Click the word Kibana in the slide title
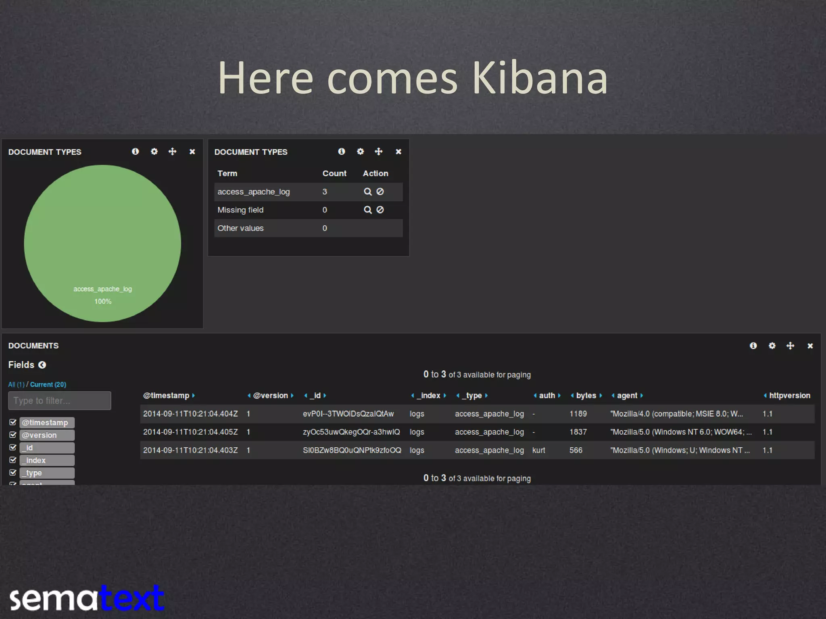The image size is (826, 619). pos(539,78)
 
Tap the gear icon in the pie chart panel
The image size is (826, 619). pos(154,152)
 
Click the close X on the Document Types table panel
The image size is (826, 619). pos(398,152)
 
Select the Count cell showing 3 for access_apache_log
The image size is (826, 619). pos(325,192)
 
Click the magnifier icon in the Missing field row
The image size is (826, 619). pos(367,210)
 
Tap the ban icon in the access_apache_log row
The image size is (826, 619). pos(380,192)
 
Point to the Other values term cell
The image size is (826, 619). pos(240,228)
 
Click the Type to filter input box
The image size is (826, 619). pos(60,401)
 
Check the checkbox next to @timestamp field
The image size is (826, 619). pos(13,422)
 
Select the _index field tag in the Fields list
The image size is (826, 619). pos(47,460)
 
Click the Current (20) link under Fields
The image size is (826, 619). pos(48,384)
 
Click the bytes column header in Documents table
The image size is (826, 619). pos(586,396)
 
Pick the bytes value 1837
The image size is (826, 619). pos(578,432)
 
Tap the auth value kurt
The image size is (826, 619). pos(538,450)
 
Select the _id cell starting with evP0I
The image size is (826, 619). pos(348,414)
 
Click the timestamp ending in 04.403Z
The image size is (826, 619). pos(190,450)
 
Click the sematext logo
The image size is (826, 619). pos(87,598)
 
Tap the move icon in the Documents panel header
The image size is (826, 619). pos(790,346)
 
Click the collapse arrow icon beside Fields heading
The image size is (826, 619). pos(42,365)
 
